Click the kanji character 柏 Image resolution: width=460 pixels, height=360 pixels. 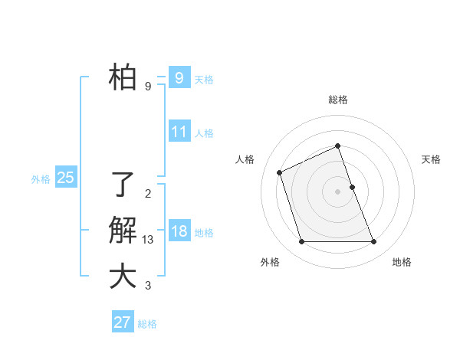pos(122,77)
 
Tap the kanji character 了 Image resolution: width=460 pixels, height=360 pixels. pos(122,185)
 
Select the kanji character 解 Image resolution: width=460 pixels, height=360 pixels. pos(122,231)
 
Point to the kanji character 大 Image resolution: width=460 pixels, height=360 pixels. pos(122,277)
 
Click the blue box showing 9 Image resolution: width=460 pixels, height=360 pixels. pos(179,77)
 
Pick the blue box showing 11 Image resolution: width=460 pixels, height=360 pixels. pos(179,131)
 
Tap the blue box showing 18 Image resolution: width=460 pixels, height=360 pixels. pos(179,231)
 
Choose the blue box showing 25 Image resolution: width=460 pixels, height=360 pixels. pos(65,178)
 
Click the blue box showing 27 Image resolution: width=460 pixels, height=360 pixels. pos(122,322)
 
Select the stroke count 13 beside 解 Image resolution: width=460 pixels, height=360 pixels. pos(148,240)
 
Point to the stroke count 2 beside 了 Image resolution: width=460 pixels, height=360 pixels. pos(147,194)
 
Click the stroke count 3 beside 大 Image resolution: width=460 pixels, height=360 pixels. pos(147,286)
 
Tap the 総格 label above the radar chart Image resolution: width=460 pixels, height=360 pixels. pos(337,100)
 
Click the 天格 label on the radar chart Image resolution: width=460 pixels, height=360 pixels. pos(431,159)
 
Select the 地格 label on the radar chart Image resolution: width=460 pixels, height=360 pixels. pos(402,262)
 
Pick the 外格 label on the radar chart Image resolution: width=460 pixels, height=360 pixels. pos(270,262)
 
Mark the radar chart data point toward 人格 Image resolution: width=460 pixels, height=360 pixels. pos(280,172)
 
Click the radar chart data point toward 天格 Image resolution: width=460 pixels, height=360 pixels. pos(352,186)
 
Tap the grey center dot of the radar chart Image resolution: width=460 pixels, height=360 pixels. pos(337,191)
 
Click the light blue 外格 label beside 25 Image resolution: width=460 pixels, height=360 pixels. pos(41,178)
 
